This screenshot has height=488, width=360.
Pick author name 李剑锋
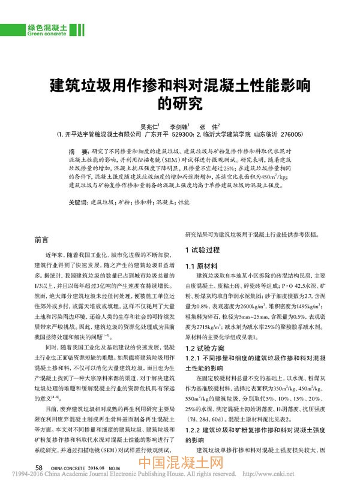pyautogui.click(x=179, y=126)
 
